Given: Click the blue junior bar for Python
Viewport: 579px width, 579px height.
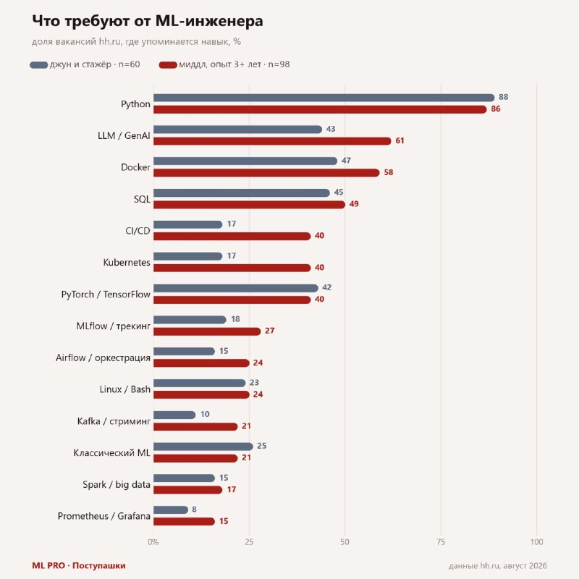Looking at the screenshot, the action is coord(324,98).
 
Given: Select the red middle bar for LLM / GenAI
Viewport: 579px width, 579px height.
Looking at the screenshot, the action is coord(272,141).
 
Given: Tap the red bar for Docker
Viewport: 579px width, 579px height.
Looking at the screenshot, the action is coord(266,173).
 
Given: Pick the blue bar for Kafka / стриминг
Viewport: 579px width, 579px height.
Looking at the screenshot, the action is coord(174,415).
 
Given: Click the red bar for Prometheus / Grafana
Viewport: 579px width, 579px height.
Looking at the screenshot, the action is coord(184,521).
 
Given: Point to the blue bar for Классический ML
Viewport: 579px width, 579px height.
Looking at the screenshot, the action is coord(203,447).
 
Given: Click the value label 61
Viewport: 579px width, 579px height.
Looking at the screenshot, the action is coord(400,140).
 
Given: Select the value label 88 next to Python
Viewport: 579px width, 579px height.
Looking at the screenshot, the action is coord(503,97).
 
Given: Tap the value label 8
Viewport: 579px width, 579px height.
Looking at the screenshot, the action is coord(194,510).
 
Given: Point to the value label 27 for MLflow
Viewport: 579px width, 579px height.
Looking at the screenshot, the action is coord(269,331).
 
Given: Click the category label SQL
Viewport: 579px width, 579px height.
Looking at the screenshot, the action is coord(142,200).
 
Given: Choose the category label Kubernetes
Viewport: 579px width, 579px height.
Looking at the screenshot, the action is coord(127,263).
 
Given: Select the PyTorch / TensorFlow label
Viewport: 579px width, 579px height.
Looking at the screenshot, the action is coord(106,295).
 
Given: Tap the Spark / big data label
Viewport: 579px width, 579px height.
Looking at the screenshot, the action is coord(117,485).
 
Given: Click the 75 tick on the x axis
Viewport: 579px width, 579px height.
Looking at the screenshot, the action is coord(441,542).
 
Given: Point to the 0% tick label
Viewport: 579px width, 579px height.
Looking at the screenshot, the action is coord(153,542).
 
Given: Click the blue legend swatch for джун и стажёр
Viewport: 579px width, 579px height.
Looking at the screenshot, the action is coord(39,65).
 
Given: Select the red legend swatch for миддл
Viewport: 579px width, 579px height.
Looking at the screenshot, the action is coord(168,65).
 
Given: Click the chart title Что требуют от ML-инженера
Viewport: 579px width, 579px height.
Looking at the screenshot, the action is coord(148,21).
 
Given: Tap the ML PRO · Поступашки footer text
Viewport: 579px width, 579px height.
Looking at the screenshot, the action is coord(79,565).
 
